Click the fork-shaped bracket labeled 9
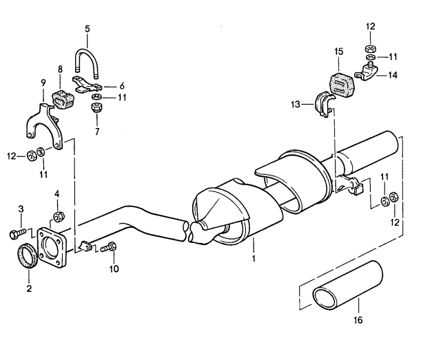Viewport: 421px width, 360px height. (32, 123)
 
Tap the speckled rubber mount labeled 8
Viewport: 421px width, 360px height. (63, 100)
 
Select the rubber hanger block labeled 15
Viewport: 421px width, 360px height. (342, 85)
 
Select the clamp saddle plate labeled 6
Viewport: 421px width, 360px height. (88, 84)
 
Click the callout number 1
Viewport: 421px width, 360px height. (254, 259)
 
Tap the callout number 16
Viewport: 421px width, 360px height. (358, 320)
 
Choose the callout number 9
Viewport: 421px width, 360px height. (43, 83)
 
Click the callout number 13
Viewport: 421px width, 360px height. (296, 104)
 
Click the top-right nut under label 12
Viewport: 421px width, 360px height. (370, 49)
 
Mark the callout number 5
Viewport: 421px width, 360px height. (88, 29)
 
